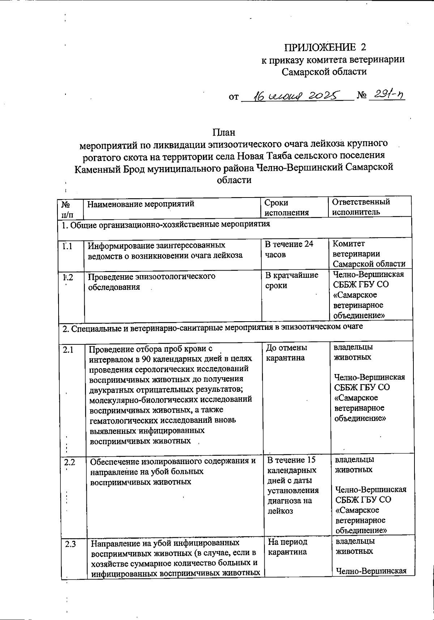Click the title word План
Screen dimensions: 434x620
(x=224, y=132)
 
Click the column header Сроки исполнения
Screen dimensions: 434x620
(x=286, y=208)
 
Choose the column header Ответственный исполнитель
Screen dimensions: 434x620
(x=361, y=207)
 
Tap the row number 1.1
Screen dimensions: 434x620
(x=67, y=246)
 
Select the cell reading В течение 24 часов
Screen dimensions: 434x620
(x=289, y=249)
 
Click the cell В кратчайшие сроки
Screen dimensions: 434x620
(x=292, y=280)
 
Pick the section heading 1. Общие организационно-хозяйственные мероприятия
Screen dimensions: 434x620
(x=166, y=225)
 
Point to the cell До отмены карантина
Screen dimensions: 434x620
(x=286, y=353)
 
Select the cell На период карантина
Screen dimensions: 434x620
(x=288, y=547)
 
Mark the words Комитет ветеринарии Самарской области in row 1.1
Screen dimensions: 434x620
(x=369, y=254)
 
